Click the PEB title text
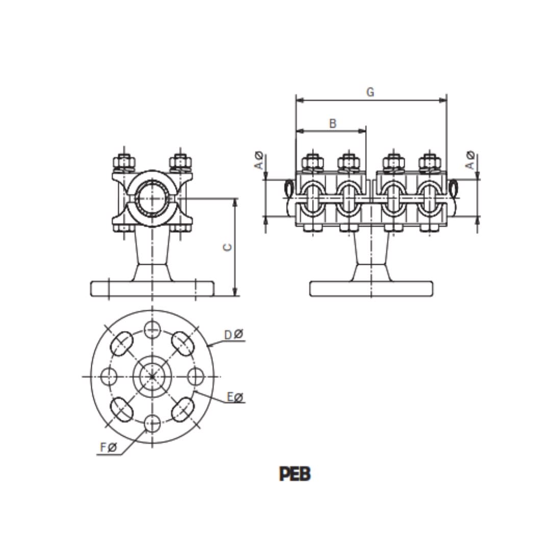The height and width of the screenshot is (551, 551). (294, 474)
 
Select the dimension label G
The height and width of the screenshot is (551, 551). (370, 92)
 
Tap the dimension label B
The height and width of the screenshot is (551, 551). (332, 123)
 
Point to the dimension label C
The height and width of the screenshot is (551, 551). (228, 247)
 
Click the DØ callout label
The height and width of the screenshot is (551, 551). (234, 335)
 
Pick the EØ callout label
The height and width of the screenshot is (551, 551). (235, 397)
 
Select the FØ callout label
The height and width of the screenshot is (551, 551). (109, 447)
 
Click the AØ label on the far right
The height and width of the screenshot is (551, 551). (470, 160)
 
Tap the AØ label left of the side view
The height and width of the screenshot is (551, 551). (259, 160)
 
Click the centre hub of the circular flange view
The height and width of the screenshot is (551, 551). (152, 377)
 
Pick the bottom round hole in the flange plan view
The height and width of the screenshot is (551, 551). (152, 422)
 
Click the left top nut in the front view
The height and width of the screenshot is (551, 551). (124, 163)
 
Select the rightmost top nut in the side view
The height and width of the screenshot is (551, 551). (430, 162)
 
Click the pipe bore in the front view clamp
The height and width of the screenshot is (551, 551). (152, 198)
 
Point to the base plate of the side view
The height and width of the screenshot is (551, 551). (371, 289)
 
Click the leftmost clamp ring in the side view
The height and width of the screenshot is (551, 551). (311, 199)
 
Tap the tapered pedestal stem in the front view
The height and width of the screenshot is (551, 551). (152, 253)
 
